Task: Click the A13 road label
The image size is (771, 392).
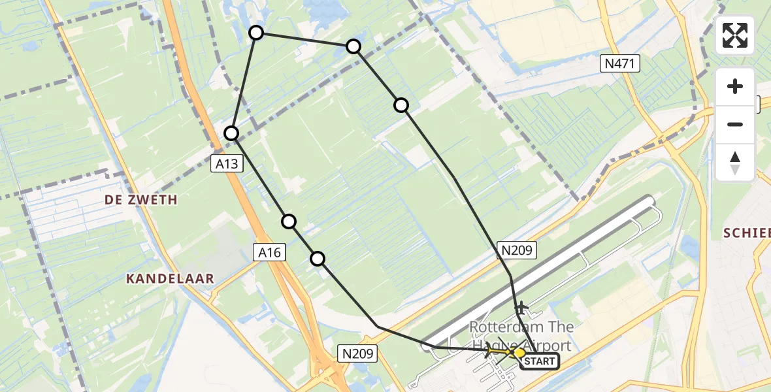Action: [227, 165]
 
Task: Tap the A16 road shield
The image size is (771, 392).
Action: [271, 252]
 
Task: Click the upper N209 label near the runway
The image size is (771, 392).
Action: [518, 250]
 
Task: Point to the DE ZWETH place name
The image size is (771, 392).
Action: [141, 200]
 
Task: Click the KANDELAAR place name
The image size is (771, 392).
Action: [170, 279]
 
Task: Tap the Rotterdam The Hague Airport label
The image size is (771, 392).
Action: [521, 336]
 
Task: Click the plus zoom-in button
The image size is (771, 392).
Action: [735, 86]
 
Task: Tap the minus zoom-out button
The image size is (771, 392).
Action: [735, 124]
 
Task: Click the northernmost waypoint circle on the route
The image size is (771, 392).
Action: [256, 33]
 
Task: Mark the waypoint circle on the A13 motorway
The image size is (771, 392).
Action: [231, 133]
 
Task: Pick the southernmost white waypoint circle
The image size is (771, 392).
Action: [318, 259]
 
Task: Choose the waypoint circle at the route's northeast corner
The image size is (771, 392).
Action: [353, 46]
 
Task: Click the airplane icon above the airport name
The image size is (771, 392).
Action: [521, 306]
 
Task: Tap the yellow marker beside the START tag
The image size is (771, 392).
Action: [519, 353]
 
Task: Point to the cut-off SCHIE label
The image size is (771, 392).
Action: [747, 233]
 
